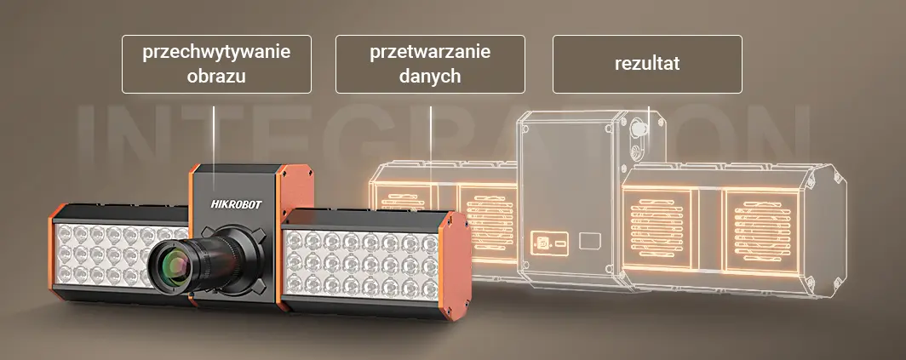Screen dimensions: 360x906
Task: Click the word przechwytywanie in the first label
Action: (x=216, y=52)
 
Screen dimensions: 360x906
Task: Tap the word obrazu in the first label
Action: (x=216, y=76)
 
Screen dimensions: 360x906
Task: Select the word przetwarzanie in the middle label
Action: (x=430, y=52)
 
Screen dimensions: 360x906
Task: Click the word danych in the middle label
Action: (x=430, y=76)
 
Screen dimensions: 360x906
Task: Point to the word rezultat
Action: (x=647, y=64)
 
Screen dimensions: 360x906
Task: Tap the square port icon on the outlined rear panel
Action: (x=540, y=241)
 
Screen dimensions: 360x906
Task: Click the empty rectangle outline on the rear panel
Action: (x=589, y=240)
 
